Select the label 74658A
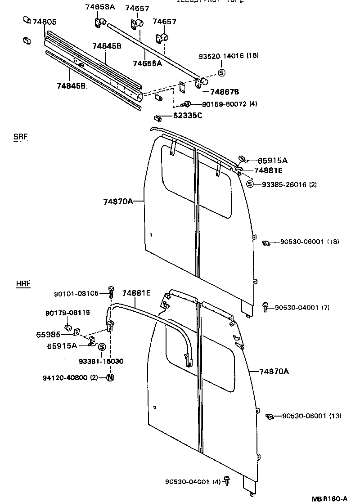pyautogui.click(x=100, y=7)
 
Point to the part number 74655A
pyautogui.click(x=147, y=63)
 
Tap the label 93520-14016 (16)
pyautogui.click(x=229, y=56)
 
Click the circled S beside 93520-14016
pyautogui.click(x=221, y=73)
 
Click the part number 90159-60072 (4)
pyautogui.click(x=229, y=104)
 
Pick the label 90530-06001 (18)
pyautogui.click(x=309, y=242)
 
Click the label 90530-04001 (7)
pyautogui.click(x=302, y=308)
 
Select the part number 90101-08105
pyautogui.click(x=76, y=294)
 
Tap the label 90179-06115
pyautogui.click(x=67, y=313)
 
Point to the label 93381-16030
pyautogui.click(x=101, y=361)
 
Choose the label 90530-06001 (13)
pyautogui.click(x=311, y=416)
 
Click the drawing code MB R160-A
pyautogui.click(x=330, y=498)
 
